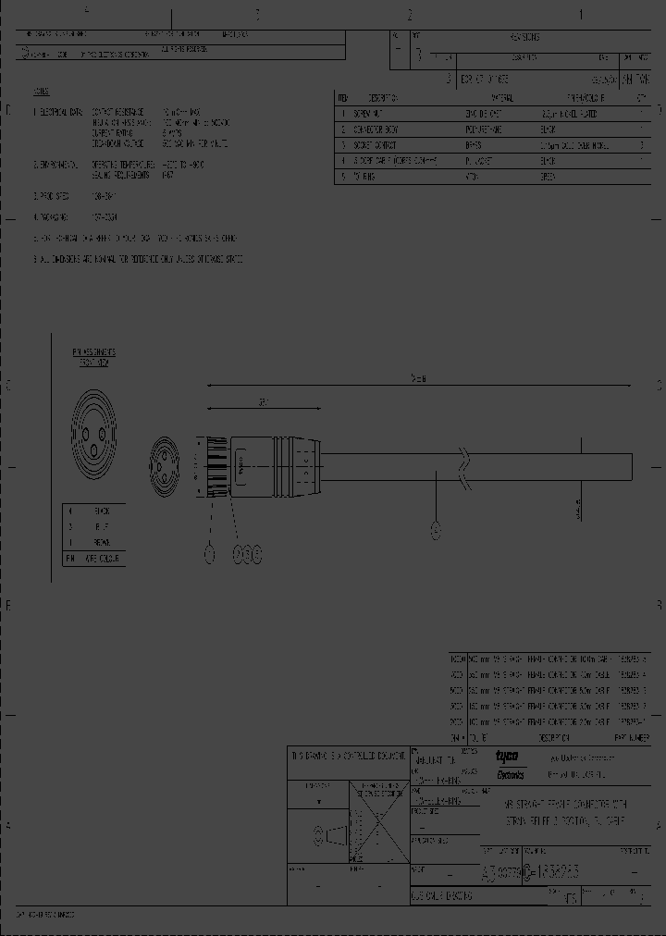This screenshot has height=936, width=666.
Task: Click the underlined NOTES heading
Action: (42, 93)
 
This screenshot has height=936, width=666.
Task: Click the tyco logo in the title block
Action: (508, 756)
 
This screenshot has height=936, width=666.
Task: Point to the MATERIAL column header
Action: (501, 97)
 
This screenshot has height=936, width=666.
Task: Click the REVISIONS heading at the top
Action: (524, 38)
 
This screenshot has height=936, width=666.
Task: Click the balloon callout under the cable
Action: (437, 530)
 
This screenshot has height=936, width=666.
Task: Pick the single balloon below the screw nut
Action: (209, 553)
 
